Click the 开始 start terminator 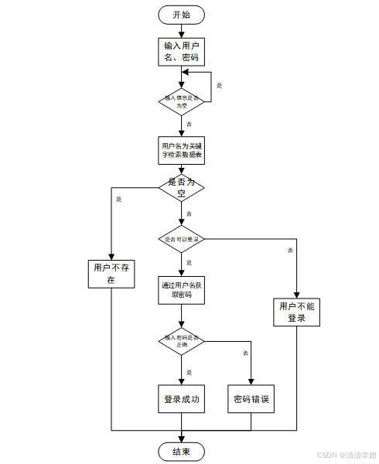coord(182,15)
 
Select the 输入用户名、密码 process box coord(182,52)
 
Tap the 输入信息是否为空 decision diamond coord(182,101)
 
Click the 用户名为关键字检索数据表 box coord(182,150)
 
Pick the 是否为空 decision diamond coord(182,188)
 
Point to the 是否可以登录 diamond coord(182,241)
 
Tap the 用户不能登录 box coord(297,312)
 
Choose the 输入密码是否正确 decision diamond coord(182,340)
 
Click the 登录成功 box coord(182,399)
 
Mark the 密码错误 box coord(251,399)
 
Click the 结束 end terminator coord(182,451)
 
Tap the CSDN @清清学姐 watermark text coord(347,455)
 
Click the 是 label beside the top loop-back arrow coord(219,85)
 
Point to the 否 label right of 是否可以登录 coord(290,251)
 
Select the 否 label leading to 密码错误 coord(245,353)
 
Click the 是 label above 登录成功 coord(189,372)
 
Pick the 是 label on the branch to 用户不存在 coord(118,200)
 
